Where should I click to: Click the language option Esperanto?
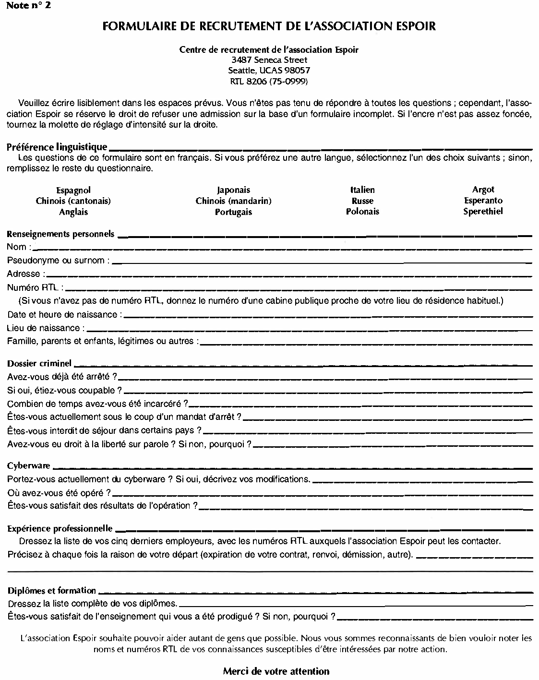[483, 201]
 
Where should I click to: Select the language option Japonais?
[233, 190]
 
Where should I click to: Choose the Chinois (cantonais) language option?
[73, 201]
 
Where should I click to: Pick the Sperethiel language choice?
[483, 211]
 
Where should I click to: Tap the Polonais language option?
[362, 211]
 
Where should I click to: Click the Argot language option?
[483, 190]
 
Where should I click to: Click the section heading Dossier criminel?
[39, 364]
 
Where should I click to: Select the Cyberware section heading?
[28, 466]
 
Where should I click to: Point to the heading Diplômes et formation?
[52, 591]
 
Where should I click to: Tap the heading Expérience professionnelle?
[60, 529]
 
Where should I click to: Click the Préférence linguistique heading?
[57, 147]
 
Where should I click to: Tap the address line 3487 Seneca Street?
[269, 60]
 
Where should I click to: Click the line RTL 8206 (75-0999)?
[269, 81]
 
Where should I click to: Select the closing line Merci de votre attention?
[276, 671]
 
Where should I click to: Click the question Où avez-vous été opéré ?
[59, 493]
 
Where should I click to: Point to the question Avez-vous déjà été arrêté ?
[62, 377]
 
